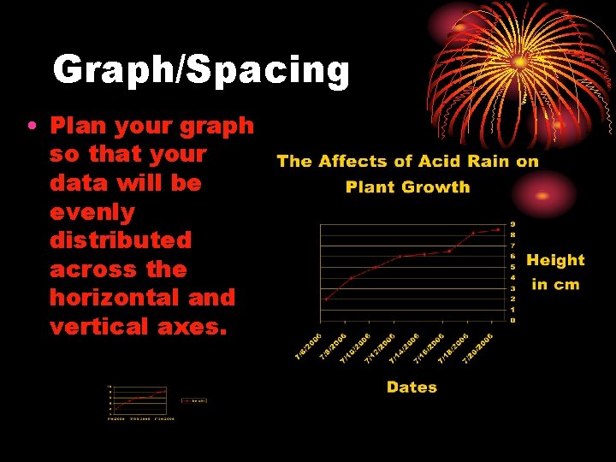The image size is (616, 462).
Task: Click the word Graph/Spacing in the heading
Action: tap(201, 70)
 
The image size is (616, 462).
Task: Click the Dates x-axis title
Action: tap(412, 387)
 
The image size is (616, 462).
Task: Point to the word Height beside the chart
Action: tap(555, 260)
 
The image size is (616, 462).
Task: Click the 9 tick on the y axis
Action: tap(512, 224)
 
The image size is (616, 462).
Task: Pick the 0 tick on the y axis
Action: tap(512, 320)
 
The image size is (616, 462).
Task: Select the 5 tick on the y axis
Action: tap(512, 267)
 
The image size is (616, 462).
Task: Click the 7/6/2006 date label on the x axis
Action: tap(309, 345)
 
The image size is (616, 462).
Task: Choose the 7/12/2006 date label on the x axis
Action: tap(380, 347)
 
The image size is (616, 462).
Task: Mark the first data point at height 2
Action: tap(326, 299)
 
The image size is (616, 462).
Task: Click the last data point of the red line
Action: tap(498, 229)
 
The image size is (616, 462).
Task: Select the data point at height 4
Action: tap(351, 278)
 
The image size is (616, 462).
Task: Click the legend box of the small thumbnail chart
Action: tap(195, 400)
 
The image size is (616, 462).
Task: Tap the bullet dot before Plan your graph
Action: tap(31, 127)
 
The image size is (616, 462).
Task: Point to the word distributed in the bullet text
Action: tap(121, 240)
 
